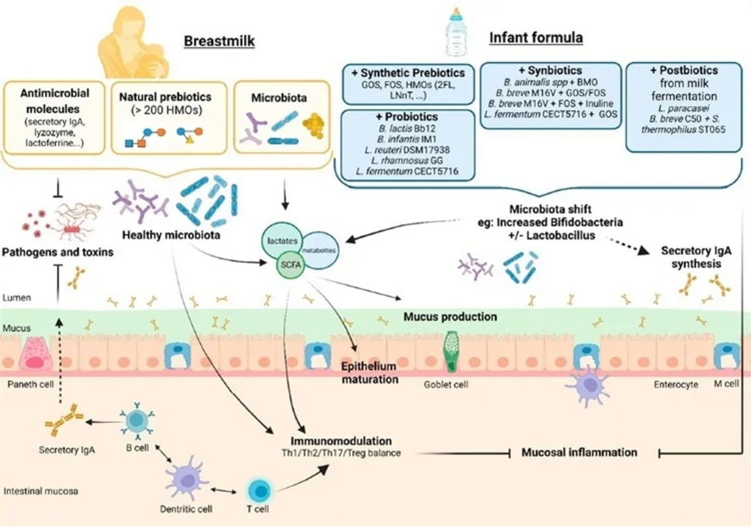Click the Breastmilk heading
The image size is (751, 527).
point(219,42)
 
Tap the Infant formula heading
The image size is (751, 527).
point(536,38)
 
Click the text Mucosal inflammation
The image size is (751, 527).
point(579,453)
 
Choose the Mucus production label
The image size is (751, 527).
point(450,317)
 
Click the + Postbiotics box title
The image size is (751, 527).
point(681,70)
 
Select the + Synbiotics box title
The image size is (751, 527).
point(550,70)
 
